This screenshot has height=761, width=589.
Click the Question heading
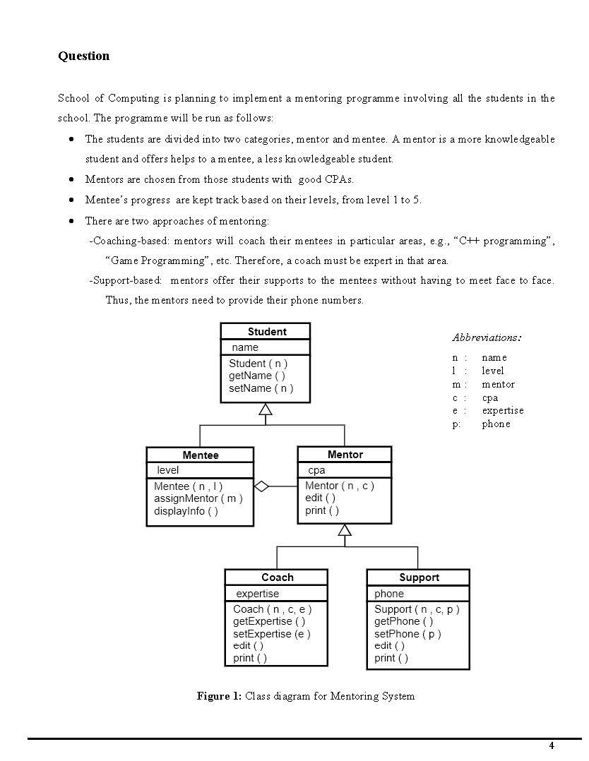pyautogui.click(x=83, y=56)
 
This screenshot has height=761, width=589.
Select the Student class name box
pyautogui.click(x=266, y=332)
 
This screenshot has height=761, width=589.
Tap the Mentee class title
pyautogui.click(x=201, y=455)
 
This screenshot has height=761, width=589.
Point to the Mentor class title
pyautogui.click(x=345, y=455)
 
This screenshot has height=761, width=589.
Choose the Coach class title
pyautogui.click(x=277, y=577)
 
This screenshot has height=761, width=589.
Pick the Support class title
pyautogui.click(x=419, y=577)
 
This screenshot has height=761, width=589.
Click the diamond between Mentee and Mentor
pyautogui.click(x=262, y=486)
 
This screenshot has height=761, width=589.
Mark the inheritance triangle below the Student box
pyautogui.click(x=266, y=409)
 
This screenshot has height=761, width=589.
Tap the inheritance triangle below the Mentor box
pyautogui.click(x=345, y=530)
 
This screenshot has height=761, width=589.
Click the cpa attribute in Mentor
pyautogui.click(x=316, y=470)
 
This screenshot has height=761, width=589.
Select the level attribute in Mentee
pyautogui.click(x=168, y=470)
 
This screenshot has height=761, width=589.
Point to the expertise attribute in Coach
pyautogui.click(x=257, y=594)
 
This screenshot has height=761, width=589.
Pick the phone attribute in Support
pyautogui.click(x=389, y=594)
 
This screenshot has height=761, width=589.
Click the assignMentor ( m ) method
pyautogui.click(x=198, y=498)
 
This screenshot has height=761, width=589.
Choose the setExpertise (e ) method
pyautogui.click(x=272, y=633)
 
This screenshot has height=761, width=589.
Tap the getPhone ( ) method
pyautogui.click(x=404, y=621)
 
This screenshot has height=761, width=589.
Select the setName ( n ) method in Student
pyautogui.click(x=261, y=388)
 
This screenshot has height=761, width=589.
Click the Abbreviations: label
pyautogui.click(x=487, y=337)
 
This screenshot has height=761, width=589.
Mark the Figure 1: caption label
pyautogui.click(x=219, y=697)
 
